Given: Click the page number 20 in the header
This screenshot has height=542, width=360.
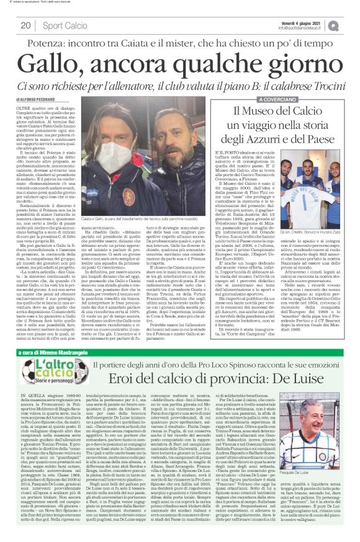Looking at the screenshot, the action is coord(26,25).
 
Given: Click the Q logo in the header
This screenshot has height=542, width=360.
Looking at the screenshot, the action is coord(350,25).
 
